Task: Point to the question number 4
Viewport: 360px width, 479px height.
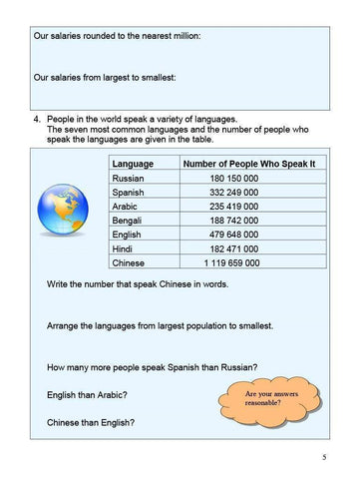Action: coord(36,118)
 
